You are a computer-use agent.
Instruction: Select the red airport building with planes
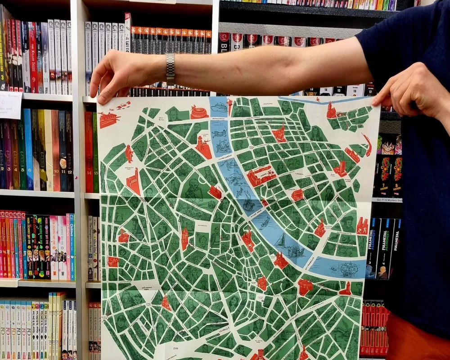[x=108, y=119]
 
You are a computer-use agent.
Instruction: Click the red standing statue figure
[x=129, y=153]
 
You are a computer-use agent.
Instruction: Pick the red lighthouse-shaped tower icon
[x=346, y=289]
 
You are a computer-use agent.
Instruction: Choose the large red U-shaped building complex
[x=261, y=175]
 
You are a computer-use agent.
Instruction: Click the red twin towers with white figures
[x=362, y=226]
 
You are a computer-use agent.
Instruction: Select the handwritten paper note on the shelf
[x=10, y=104]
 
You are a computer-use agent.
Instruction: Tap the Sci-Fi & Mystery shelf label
[x=387, y=200]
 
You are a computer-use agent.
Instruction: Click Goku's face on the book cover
[x=387, y=144]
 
